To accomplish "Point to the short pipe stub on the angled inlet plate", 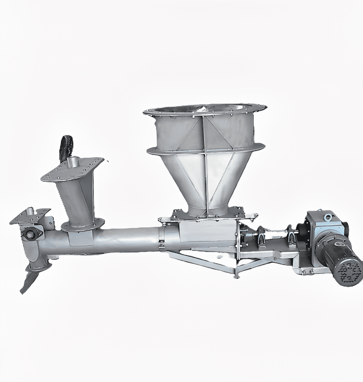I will coord(74,163).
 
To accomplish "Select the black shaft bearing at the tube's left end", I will coord(29,234).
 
